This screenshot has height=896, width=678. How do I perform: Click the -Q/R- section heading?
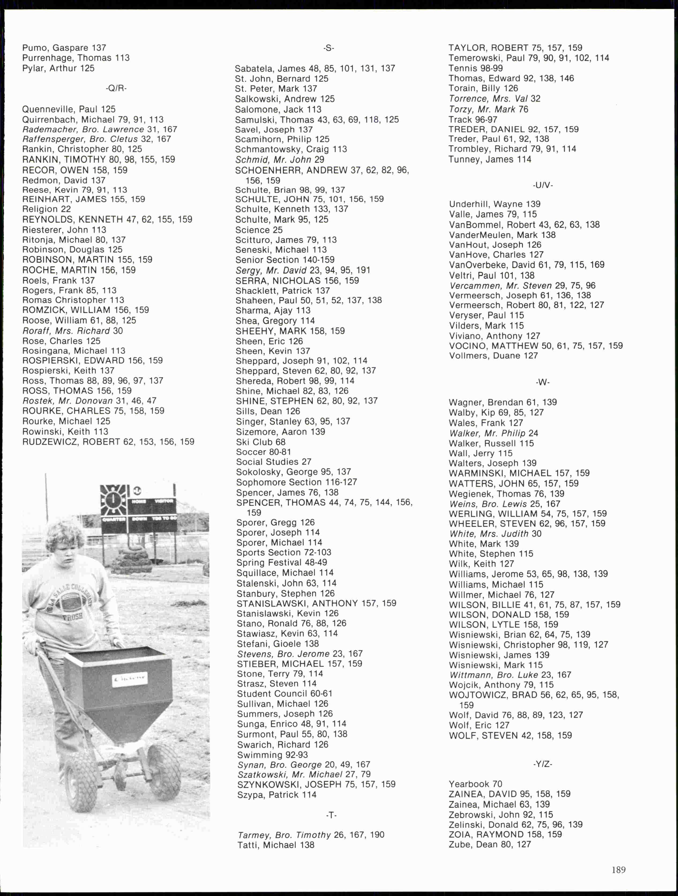pyautogui.click(x=116, y=88)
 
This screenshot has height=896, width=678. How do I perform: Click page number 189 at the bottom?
pyautogui.click(x=619, y=870)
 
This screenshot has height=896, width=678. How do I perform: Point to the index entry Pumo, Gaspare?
pyautogui.click(x=64, y=48)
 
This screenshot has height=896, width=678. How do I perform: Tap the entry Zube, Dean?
pyautogui.click(x=489, y=845)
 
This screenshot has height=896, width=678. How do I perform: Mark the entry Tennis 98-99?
pyautogui.click(x=475, y=68)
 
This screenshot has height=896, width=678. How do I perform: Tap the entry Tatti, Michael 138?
pyautogui.click(x=275, y=845)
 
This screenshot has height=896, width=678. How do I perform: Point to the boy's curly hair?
pyautogui.click(x=65, y=533)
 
